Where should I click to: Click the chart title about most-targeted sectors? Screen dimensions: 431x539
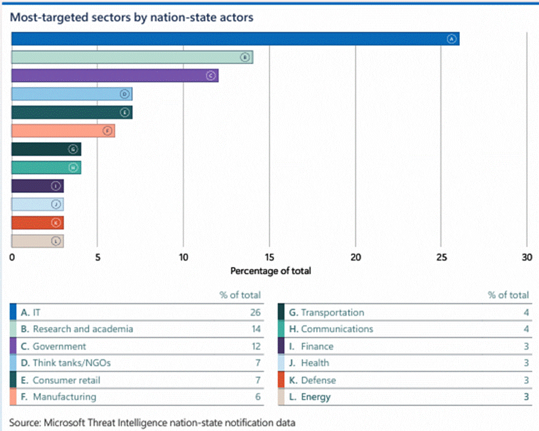point(132,17)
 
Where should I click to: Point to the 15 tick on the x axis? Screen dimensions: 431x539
point(269,257)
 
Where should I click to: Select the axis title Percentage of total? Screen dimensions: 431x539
point(270,271)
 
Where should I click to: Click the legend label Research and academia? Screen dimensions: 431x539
point(83,329)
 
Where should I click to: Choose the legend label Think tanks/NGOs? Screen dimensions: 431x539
point(67,363)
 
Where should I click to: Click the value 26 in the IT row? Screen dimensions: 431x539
point(255,313)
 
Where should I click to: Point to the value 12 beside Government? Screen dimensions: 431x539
point(255,346)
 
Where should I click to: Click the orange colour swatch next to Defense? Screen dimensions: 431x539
point(281,380)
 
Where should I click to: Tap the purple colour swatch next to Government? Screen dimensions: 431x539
point(13,346)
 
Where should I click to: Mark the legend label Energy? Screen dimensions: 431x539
point(316,397)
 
